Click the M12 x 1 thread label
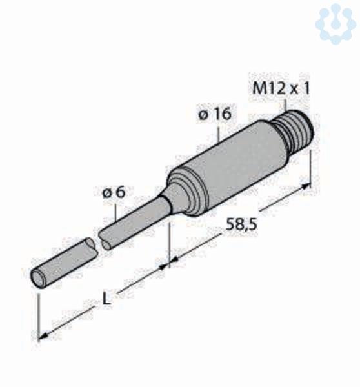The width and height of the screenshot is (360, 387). (281, 88)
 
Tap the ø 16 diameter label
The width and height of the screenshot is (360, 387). (215, 114)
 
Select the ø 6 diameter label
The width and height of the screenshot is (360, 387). (114, 192)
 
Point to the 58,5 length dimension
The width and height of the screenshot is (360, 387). (242, 224)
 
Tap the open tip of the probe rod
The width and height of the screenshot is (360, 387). (39, 279)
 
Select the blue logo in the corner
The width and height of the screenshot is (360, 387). (335, 23)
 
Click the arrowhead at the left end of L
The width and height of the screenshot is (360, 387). (43, 335)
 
